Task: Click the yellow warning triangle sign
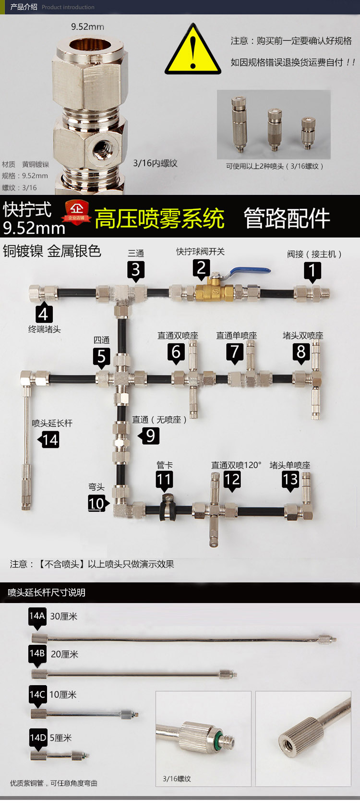(x=192, y=51)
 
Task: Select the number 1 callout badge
(x=312, y=272)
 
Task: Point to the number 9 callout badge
(x=149, y=436)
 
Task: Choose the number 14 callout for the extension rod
(x=49, y=440)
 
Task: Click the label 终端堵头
(x=45, y=329)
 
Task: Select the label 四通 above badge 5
(x=102, y=340)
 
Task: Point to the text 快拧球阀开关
(x=200, y=251)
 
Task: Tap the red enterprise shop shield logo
(x=77, y=212)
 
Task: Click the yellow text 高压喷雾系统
(x=159, y=218)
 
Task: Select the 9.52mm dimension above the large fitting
(x=87, y=27)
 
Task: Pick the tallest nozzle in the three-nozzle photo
(x=239, y=124)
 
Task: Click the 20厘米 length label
(x=64, y=654)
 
